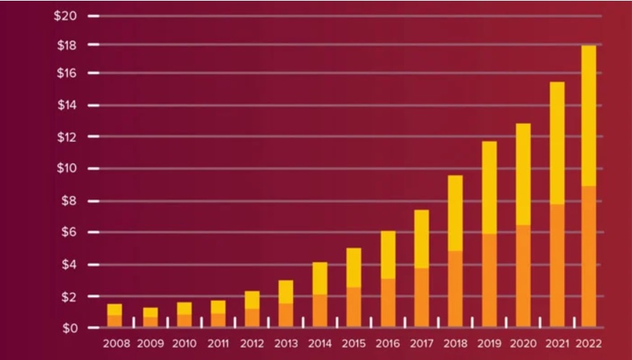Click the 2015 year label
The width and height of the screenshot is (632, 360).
[x=354, y=344]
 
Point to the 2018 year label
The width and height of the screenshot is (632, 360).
[x=455, y=344]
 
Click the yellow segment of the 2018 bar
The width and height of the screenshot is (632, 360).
[x=455, y=213]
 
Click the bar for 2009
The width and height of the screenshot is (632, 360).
[x=150, y=317]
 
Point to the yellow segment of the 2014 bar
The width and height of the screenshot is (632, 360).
[x=320, y=278]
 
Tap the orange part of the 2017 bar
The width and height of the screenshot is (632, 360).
[x=422, y=298]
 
